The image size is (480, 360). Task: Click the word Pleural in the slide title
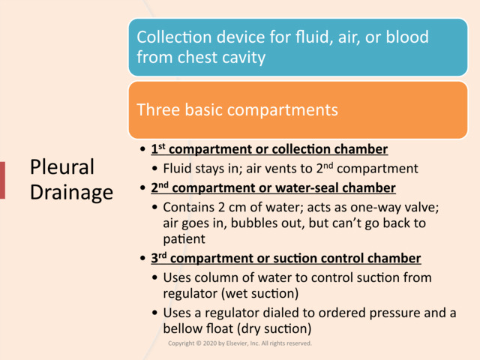(61, 167)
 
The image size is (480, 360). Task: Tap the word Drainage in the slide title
(71, 192)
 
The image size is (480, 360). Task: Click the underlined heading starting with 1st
(269, 148)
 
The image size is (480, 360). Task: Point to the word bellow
(183, 328)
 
